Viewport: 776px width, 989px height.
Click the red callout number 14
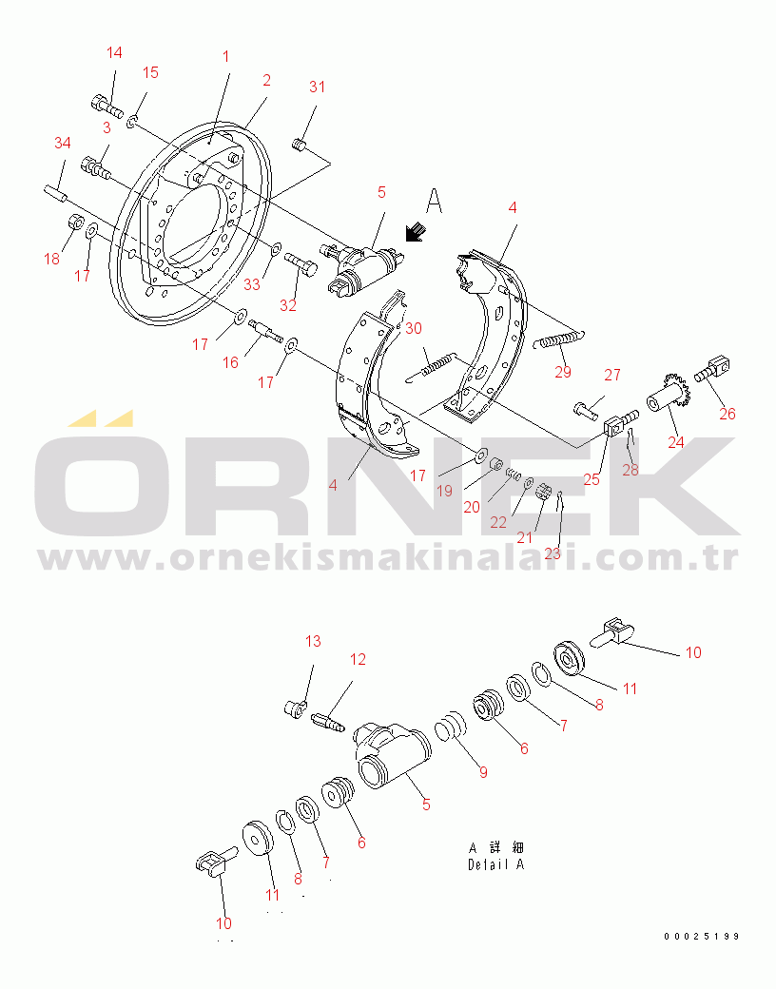[114, 52]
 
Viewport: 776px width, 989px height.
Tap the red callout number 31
[317, 87]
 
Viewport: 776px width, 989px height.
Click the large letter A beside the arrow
[434, 201]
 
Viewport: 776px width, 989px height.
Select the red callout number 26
[727, 414]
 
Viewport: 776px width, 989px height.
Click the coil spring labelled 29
[560, 340]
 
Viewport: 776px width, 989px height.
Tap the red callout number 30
[414, 328]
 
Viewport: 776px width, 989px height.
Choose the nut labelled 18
[76, 223]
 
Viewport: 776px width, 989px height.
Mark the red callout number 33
[252, 284]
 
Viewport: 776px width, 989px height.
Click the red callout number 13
[313, 642]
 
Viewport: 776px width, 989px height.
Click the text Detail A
[495, 864]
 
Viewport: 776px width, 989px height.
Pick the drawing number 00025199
[702, 937]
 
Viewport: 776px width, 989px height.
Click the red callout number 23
[552, 553]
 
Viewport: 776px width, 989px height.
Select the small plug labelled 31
[300, 146]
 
